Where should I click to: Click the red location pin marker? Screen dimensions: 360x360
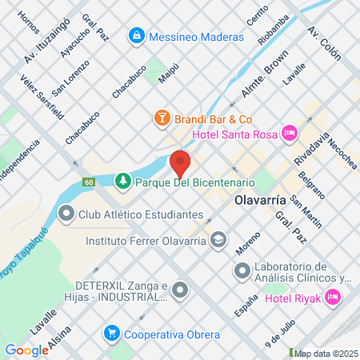point(180,162)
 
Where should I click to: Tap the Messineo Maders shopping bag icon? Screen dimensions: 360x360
point(137,36)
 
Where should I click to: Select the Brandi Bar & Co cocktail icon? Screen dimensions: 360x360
point(162,118)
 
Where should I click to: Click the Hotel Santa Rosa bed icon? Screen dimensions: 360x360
point(290,133)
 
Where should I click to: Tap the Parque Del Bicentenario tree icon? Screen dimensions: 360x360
point(122,182)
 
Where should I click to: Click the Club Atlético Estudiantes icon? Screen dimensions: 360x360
point(65,214)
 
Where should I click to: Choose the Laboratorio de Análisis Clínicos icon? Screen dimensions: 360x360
point(241,272)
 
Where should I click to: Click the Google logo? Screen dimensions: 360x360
point(26,350)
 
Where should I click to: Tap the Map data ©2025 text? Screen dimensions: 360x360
point(325,353)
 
